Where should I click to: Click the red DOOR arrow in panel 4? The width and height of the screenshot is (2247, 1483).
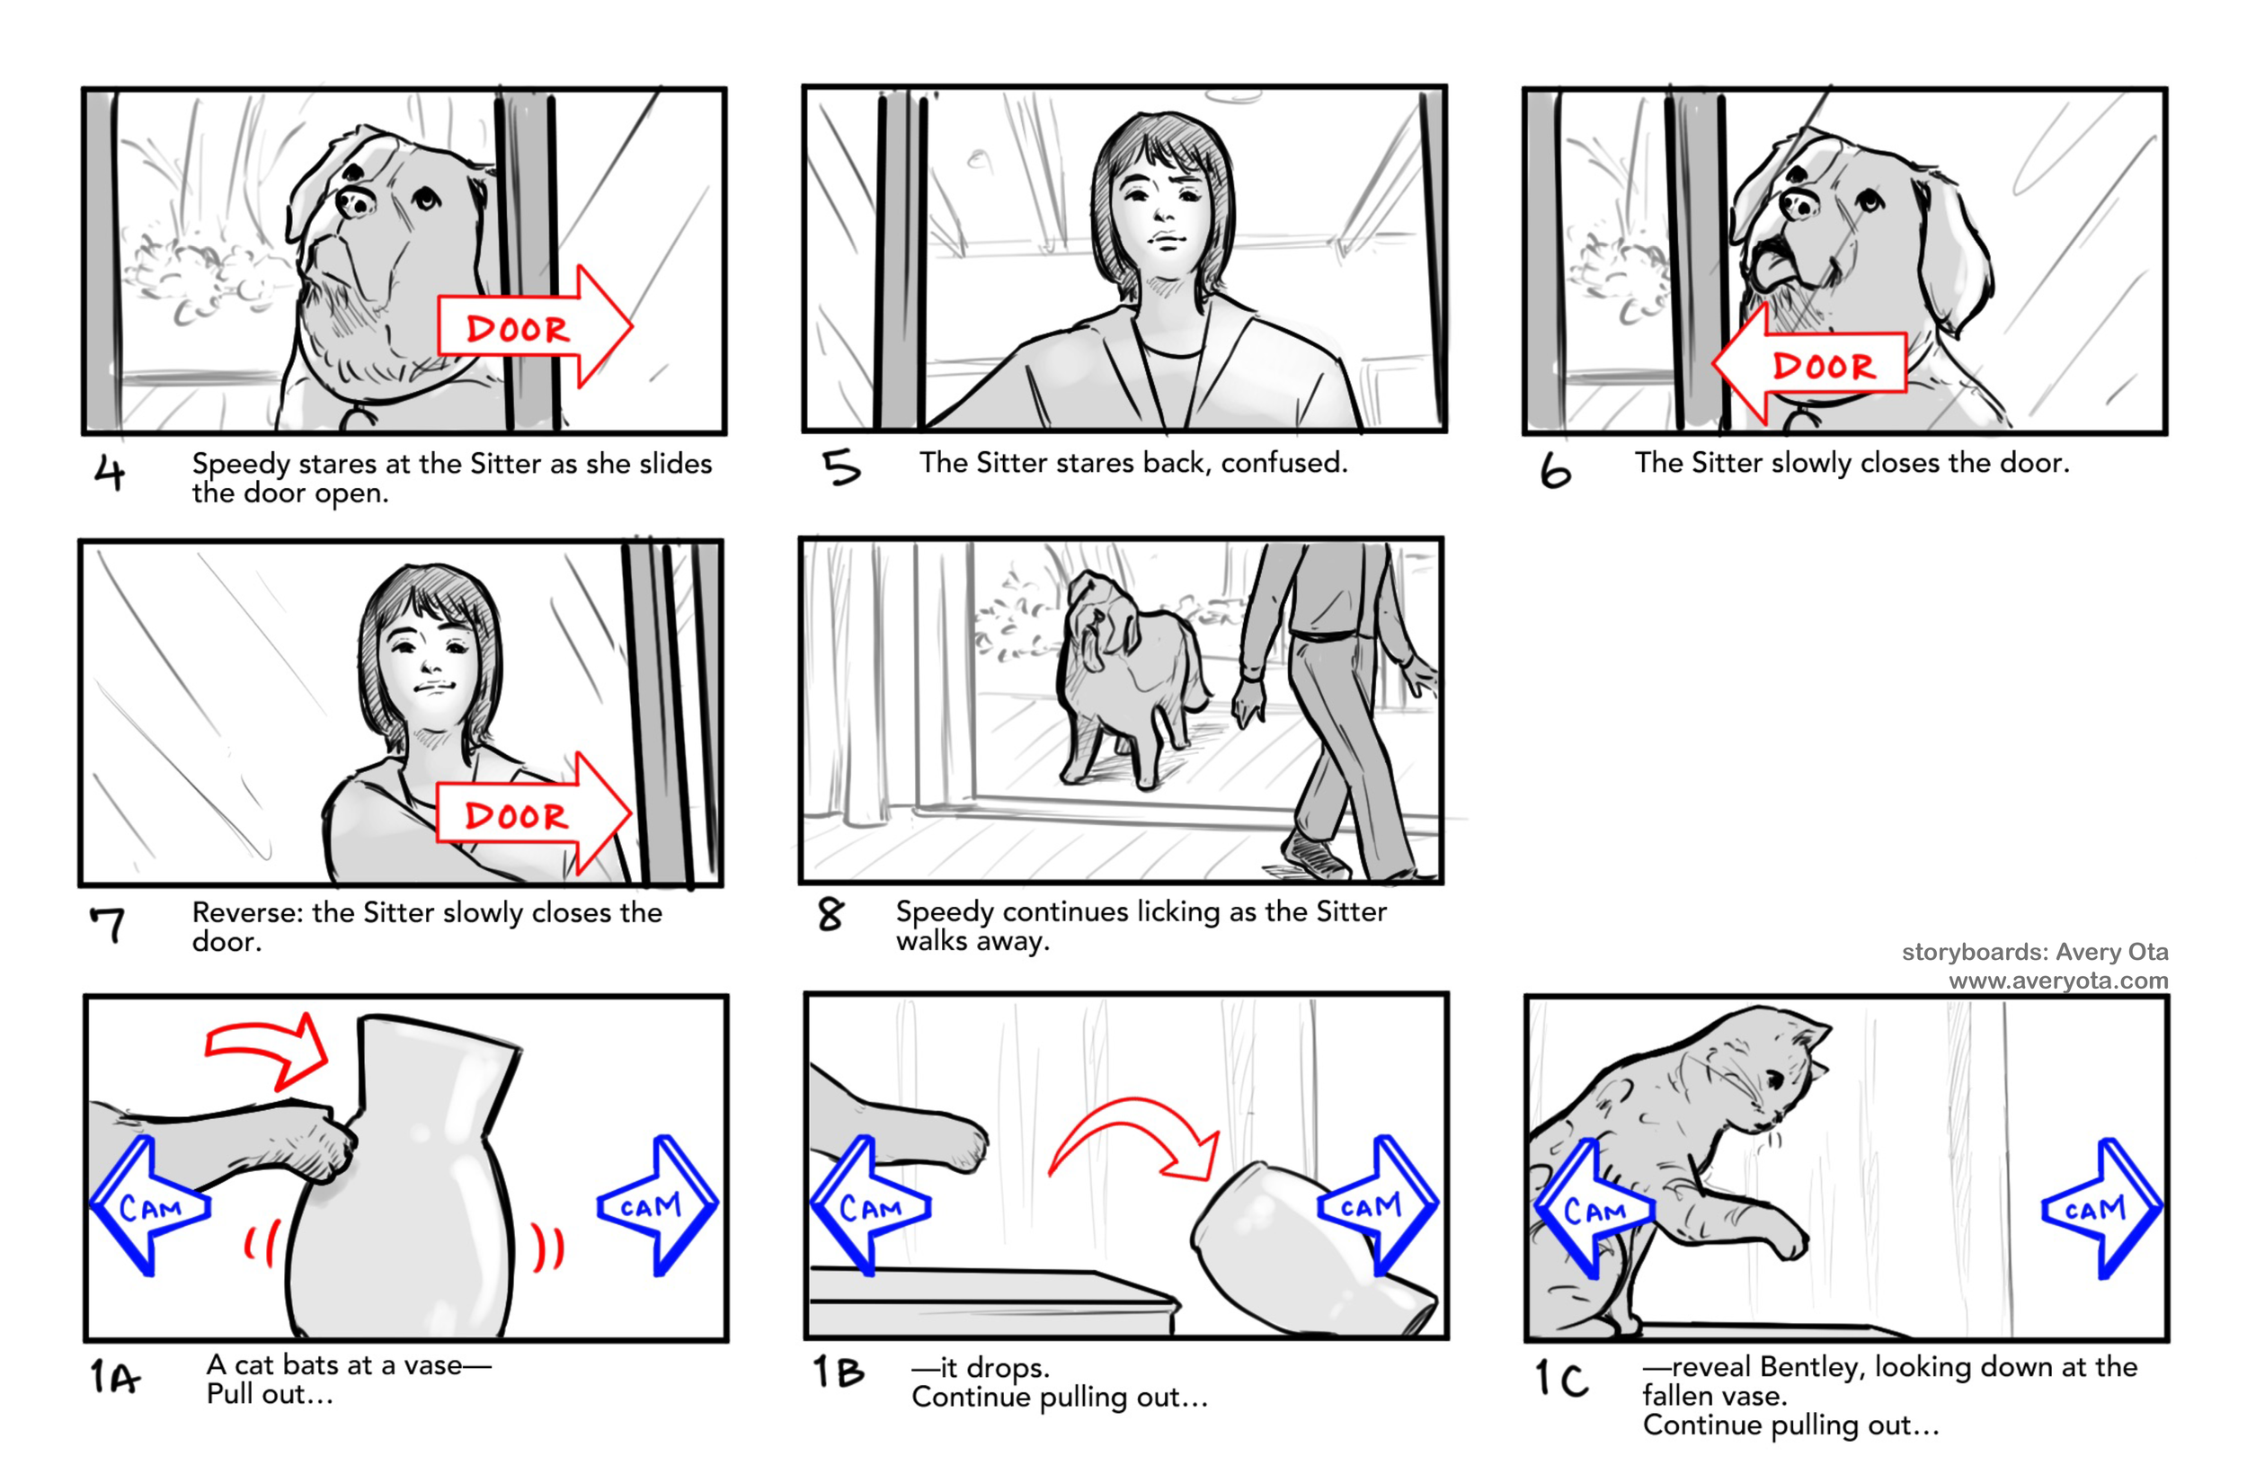534,326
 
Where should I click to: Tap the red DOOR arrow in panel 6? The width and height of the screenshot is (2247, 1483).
1809,363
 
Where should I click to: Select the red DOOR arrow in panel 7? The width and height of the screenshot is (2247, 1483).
533,813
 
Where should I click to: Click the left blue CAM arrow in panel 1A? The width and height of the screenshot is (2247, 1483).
148,1206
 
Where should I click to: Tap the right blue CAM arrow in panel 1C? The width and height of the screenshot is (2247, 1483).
2101,1209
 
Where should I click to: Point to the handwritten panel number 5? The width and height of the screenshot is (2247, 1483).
840,467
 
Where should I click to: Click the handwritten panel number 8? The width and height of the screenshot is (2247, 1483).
830,915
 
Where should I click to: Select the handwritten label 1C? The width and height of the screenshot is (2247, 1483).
1561,1379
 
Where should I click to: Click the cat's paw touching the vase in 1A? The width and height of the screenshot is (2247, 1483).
326,1144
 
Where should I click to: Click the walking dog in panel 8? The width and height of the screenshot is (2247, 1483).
1125,676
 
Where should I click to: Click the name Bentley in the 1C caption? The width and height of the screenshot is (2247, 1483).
1813,1368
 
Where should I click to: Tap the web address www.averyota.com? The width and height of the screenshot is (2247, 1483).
2059,981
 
